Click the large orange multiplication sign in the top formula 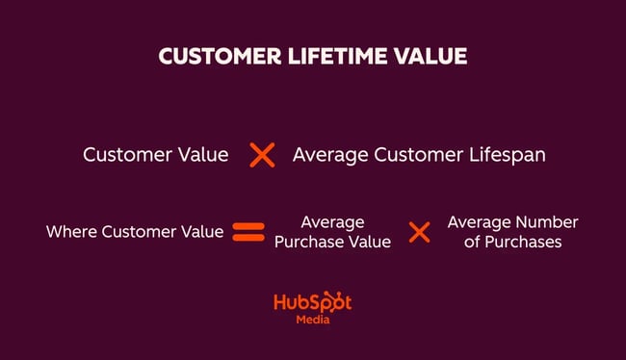(262, 155)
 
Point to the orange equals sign (248, 232)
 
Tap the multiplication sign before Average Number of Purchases (419, 232)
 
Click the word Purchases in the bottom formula (525, 242)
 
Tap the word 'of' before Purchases (472, 242)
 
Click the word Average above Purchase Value (332, 222)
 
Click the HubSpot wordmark (313, 303)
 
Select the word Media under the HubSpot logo (313, 321)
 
